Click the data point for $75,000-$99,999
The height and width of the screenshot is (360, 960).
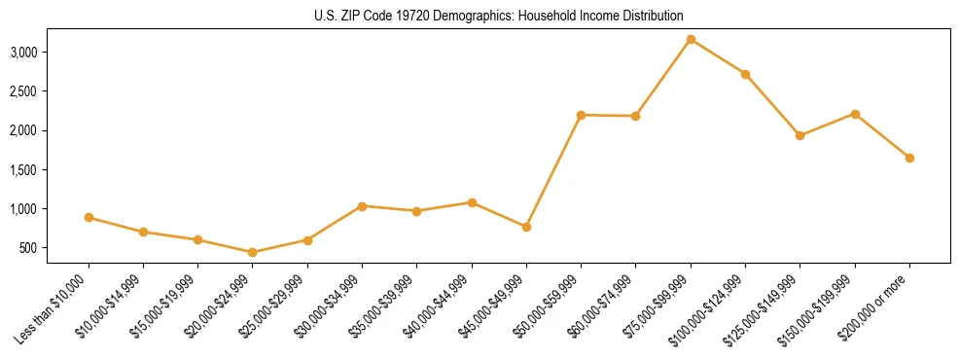tap(691, 39)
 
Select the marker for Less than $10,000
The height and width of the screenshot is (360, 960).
tap(89, 217)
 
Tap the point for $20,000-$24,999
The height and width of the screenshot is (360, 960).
tap(253, 252)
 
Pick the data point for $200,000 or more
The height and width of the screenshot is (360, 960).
tap(909, 158)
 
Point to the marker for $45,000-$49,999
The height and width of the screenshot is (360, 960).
tap(526, 227)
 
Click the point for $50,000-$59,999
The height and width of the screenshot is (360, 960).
tap(581, 115)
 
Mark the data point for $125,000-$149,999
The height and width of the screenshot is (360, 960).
tap(800, 135)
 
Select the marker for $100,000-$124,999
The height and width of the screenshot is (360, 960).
tap(745, 74)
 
